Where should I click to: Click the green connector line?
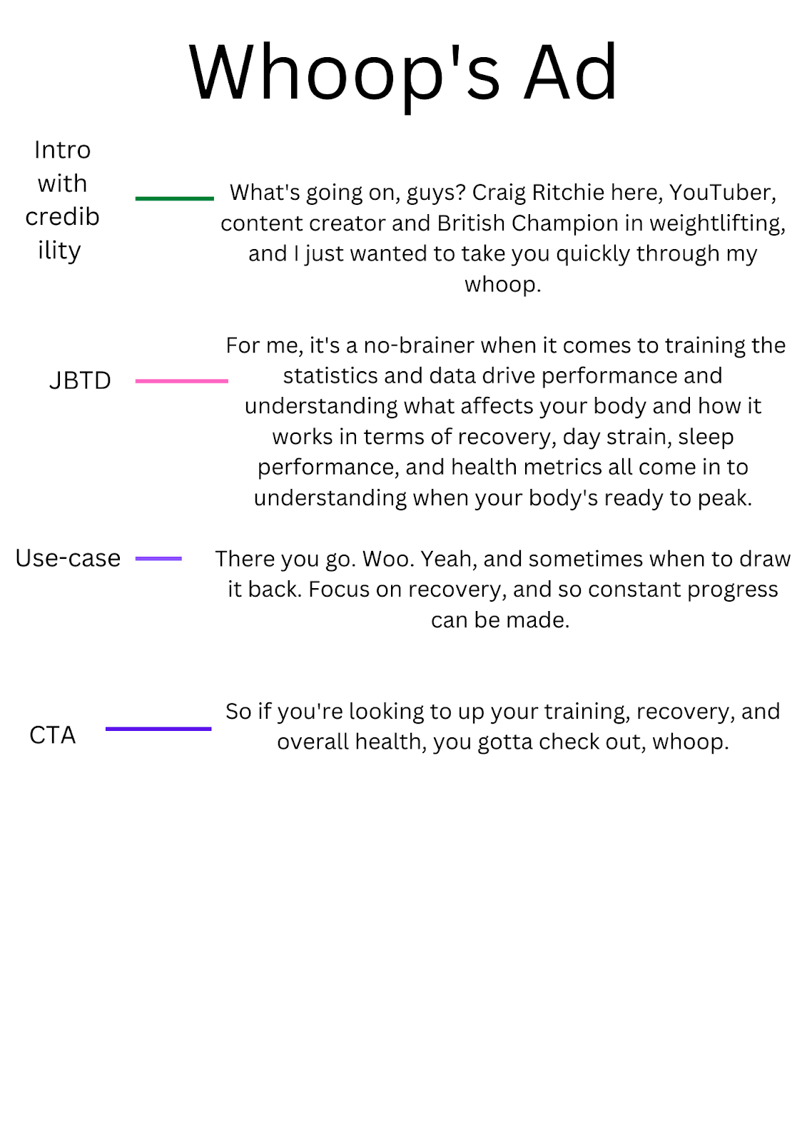(x=175, y=198)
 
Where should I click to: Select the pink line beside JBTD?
(x=182, y=381)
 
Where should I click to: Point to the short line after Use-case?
(x=158, y=558)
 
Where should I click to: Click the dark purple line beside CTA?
(x=158, y=729)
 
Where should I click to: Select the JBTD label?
(x=80, y=381)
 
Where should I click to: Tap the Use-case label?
(x=68, y=558)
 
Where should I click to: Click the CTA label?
(x=52, y=735)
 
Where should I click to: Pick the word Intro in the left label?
(x=63, y=151)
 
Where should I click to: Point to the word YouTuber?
(x=721, y=193)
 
